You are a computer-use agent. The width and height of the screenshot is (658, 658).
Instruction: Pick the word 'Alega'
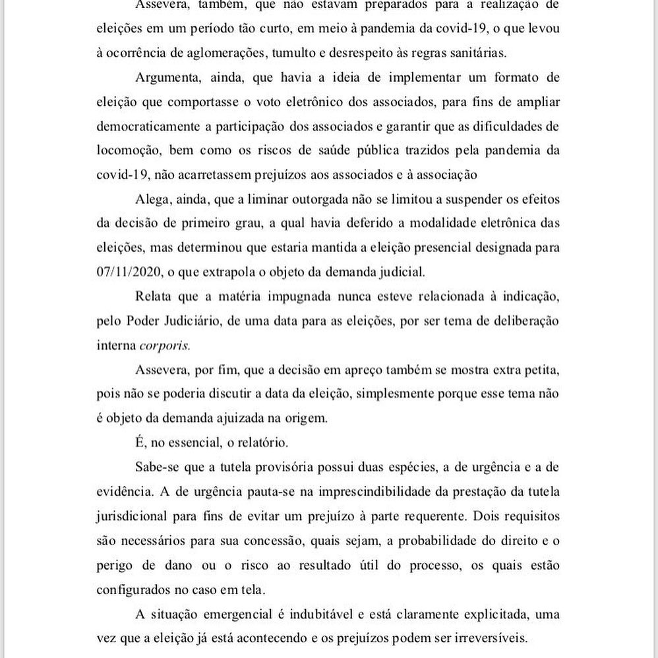pyautogui.click(x=151, y=198)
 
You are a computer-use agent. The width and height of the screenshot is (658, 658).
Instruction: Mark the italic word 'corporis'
pyautogui.click(x=165, y=345)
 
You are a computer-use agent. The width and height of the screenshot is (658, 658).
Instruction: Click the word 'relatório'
pyautogui.click(x=280, y=442)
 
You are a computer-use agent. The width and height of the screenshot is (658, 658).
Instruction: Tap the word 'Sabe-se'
pyautogui.click(x=157, y=467)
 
